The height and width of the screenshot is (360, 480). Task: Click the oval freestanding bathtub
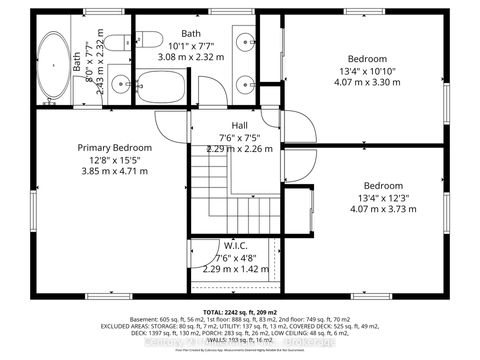(50, 67)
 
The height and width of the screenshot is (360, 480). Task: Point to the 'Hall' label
(240, 125)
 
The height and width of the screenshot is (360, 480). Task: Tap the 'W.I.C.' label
(236, 246)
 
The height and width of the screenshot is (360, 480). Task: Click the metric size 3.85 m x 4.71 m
(113, 171)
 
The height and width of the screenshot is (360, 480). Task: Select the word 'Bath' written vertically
(77, 61)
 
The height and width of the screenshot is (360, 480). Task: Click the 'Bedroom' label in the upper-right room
(367, 58)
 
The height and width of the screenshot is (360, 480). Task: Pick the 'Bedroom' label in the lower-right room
(383, 186)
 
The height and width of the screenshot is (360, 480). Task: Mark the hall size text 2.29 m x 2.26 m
(240, 150)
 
